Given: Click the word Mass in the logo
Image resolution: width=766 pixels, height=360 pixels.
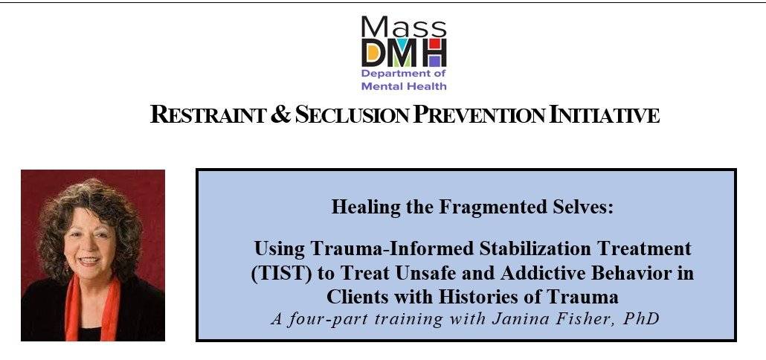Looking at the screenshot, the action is tap(404, 26).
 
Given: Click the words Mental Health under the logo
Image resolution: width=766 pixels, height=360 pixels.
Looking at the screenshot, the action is tap(404, 86).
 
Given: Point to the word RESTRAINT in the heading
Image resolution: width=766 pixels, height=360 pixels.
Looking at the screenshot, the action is tap(207, 115).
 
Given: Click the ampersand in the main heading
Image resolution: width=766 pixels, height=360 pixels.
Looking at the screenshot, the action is tap(280, 115).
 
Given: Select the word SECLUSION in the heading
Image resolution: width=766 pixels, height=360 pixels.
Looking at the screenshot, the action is tap(353, 115).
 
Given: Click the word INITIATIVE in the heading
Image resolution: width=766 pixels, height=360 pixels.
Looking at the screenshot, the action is tap(605, 115).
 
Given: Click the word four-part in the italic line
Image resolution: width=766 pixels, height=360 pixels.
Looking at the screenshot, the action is tap(318, 320).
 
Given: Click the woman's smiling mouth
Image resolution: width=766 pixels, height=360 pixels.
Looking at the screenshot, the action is tap(89, 261).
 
